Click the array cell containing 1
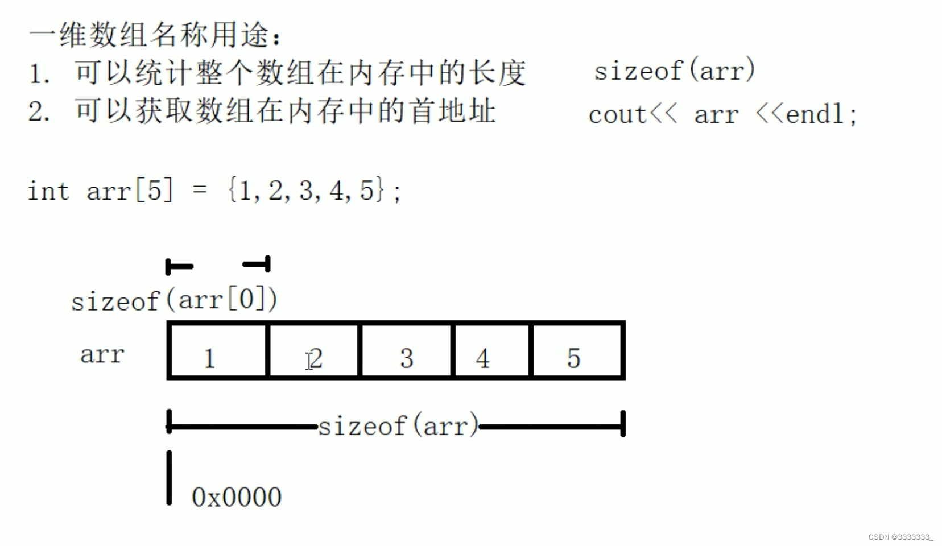218,350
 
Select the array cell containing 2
313,350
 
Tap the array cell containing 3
406,350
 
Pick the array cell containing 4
491,350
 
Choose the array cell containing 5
577,350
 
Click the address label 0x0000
237,497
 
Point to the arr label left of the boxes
102,355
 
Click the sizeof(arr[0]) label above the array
174,300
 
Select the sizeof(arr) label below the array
398,425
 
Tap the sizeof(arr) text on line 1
674,71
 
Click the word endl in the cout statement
815,114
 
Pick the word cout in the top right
617,115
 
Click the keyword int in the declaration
48,191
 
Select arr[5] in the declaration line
130,191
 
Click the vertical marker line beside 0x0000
169,478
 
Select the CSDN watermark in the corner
900,537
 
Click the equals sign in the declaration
200,190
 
